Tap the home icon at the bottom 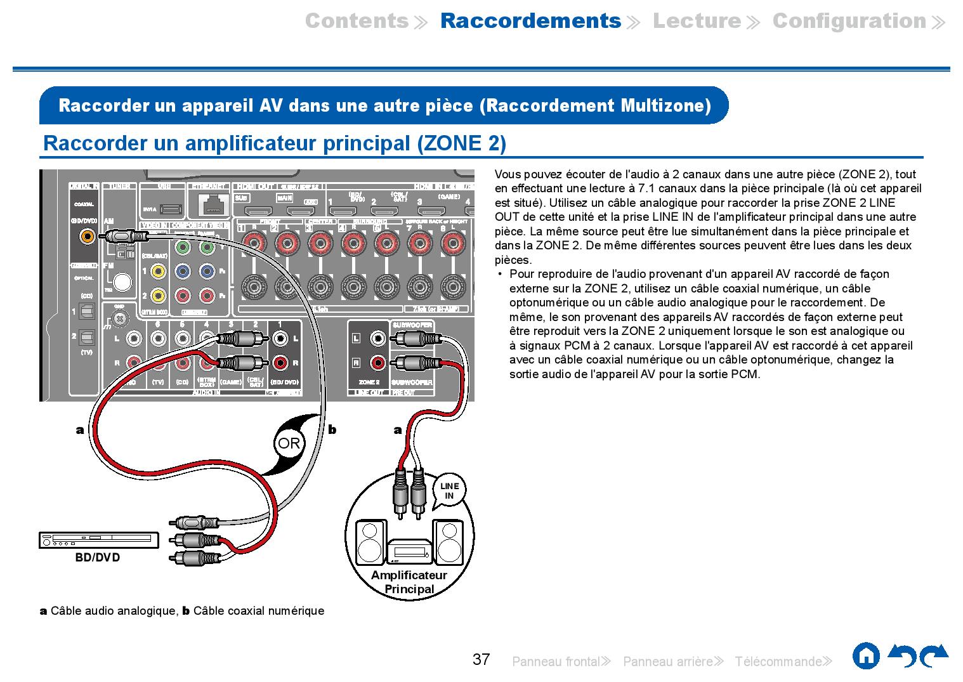(866, 656)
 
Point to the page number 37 (481, 660)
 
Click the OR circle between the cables (289, 443)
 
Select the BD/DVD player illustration (98, 540)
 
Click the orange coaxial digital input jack (87, 237)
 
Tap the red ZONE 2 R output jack (378, 363)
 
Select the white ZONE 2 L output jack (378, 338)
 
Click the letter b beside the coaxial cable (331, 430)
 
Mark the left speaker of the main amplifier (370, 542)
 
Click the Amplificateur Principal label (409, 582)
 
